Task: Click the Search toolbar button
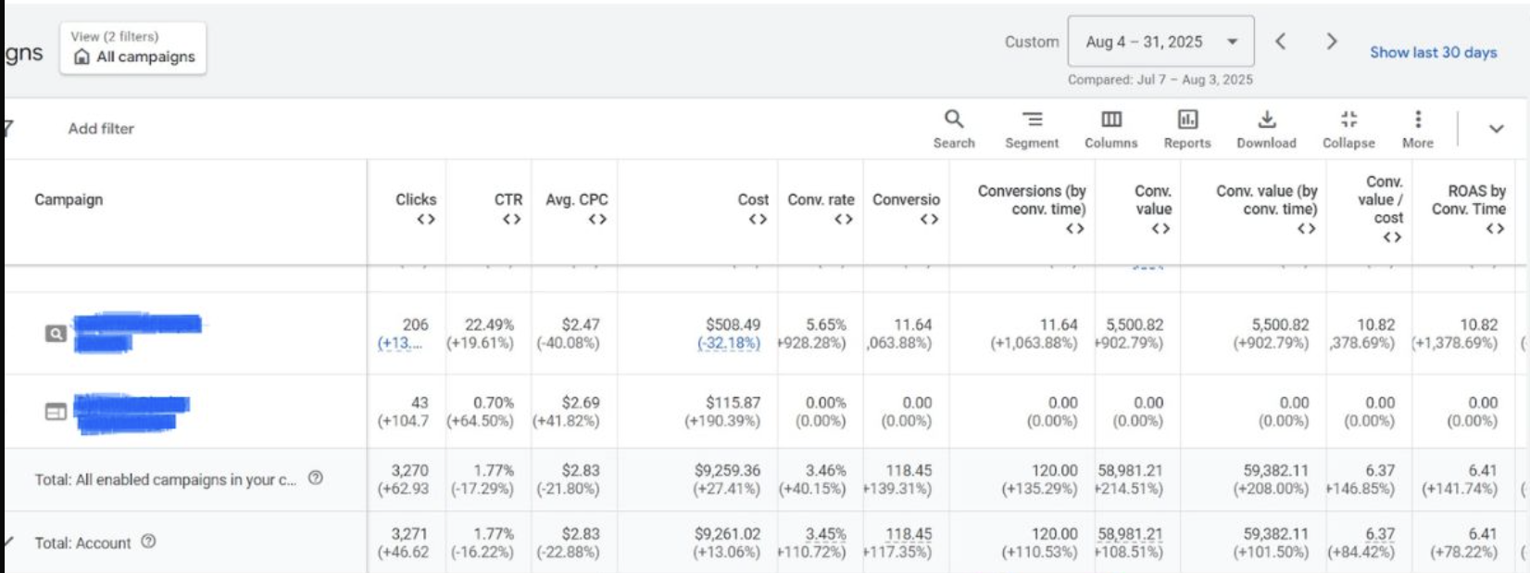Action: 954,129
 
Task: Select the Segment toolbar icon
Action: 1032,129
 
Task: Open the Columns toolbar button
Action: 1110,129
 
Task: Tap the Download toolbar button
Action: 1266,129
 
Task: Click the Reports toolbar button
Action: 1187,129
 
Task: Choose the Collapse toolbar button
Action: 1348,129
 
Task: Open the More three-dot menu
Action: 1417,129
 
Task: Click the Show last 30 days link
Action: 1433,53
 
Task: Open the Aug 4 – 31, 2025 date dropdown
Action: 1160,42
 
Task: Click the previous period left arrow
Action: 1280,42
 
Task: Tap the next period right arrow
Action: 1331,42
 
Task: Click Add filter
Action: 101,129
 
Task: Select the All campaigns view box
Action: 133,48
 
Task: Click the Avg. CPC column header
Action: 576,200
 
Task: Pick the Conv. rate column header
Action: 821,200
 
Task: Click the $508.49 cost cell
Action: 733,325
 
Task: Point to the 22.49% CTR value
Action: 489,325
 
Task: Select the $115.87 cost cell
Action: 733,403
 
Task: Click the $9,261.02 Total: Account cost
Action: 727,534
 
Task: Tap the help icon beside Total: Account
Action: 148,541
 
